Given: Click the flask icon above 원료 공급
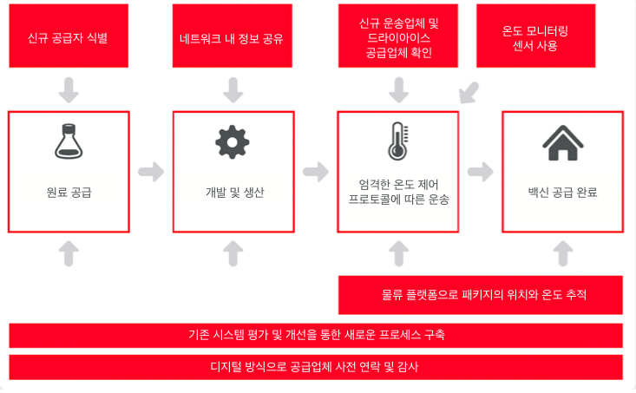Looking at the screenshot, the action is tap(69, 141).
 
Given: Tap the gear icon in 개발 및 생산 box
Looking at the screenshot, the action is tap(233, 142).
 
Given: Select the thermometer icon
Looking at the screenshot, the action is tap(398, 141).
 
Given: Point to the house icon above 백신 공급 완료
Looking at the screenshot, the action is tap(562, 143).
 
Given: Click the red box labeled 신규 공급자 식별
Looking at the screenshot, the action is tap(69, 36).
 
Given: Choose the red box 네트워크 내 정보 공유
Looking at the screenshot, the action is tap(233, 36).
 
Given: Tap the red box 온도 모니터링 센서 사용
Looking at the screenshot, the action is tap(536, 36).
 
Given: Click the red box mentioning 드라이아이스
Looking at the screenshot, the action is tap(398, 36).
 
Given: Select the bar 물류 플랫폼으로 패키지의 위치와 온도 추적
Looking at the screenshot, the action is tap(481, 295).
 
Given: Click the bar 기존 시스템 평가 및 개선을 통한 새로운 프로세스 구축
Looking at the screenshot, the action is tap(316, 336).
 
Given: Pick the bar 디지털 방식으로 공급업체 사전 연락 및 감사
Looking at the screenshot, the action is tap(316, 367).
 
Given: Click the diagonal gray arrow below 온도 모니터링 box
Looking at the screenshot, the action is tap(469, 93).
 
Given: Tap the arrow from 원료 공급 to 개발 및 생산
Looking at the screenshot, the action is tap(151, 172).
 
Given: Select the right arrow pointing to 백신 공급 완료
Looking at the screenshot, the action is tap(481, 172).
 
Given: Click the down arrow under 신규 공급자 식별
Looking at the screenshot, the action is tap(69, 90).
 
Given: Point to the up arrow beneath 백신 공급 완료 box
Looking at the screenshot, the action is tap(563, 253).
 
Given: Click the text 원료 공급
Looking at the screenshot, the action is tap(69, 193).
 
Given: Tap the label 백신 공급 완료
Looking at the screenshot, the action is tap(562, 193).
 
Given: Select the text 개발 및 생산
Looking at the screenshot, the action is tap(234, 193).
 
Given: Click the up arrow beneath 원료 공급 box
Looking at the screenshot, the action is tap(69, 253).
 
